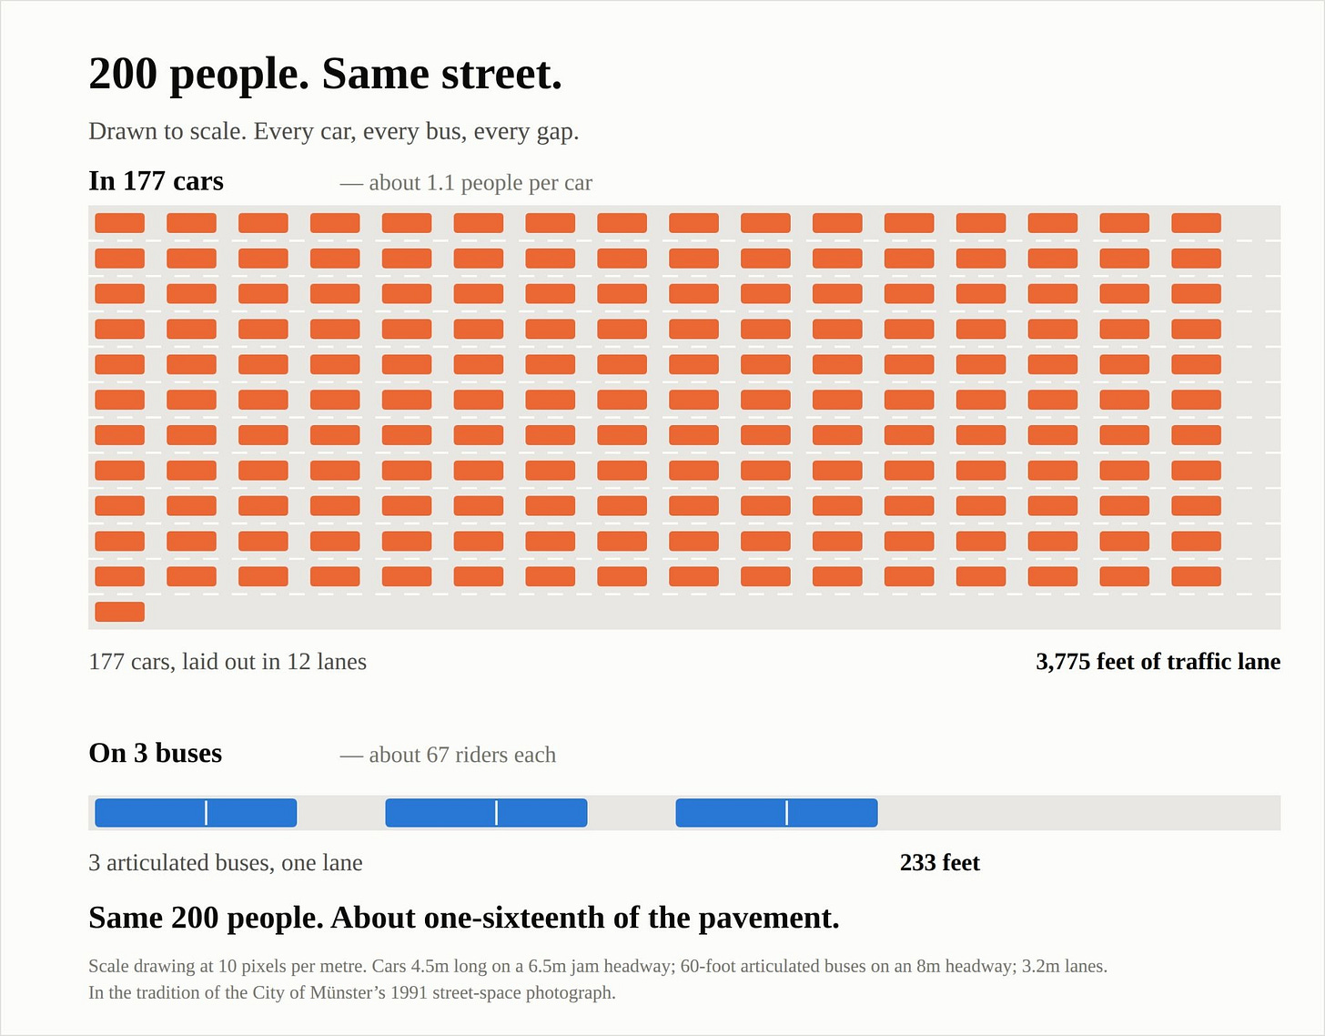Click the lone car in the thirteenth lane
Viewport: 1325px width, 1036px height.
[119, 612]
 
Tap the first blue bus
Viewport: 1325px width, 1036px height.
[196, 813]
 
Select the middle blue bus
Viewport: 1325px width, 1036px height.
[486, 813]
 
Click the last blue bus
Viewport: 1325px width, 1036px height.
[776, 813]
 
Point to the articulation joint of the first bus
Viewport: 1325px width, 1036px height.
[206, 813]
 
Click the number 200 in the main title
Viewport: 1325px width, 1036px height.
[123, 74]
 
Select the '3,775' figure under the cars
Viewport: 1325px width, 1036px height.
[1063, 662]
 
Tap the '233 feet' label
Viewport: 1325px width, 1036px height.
[940, 863]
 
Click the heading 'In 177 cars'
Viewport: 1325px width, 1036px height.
[157, 181]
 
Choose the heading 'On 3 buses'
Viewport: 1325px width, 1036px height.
[156, 753]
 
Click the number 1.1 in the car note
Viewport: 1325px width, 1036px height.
[440, 183]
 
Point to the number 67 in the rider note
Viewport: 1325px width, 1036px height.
[438, 755]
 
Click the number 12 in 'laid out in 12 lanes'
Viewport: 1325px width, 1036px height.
[298, 662]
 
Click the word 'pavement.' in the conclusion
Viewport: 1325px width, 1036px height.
[769, 918]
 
